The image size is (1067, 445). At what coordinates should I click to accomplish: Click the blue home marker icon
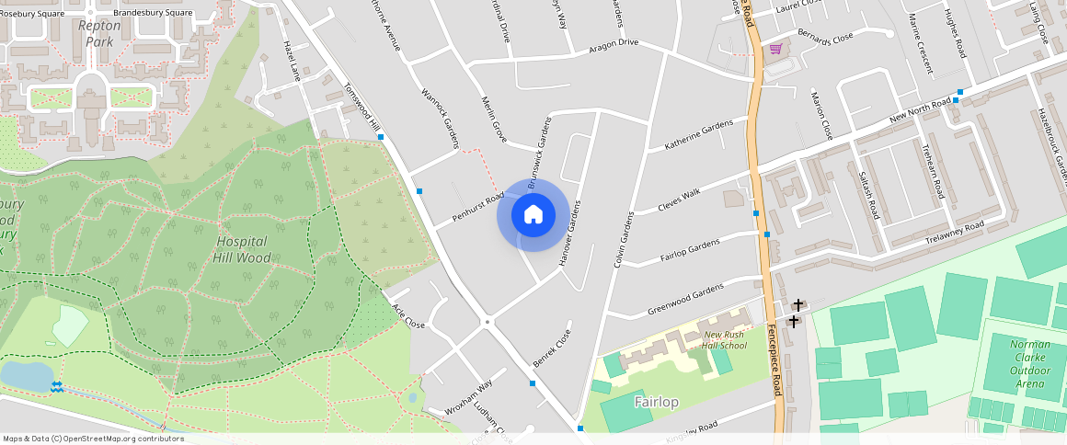(533, 215)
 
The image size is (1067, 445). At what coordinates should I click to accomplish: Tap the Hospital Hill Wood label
(243, 250)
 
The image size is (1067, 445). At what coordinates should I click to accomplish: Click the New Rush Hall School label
(724, 340)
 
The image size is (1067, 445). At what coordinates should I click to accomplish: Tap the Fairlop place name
(656, 402)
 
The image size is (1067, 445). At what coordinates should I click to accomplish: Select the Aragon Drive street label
(614, 44)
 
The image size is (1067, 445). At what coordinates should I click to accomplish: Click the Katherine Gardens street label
(699, 135)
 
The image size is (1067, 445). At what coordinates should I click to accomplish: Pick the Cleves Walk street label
(679, 200)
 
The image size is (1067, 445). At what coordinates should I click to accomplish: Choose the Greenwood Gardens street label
(685, 297)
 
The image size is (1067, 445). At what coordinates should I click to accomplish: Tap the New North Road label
(920, 113)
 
